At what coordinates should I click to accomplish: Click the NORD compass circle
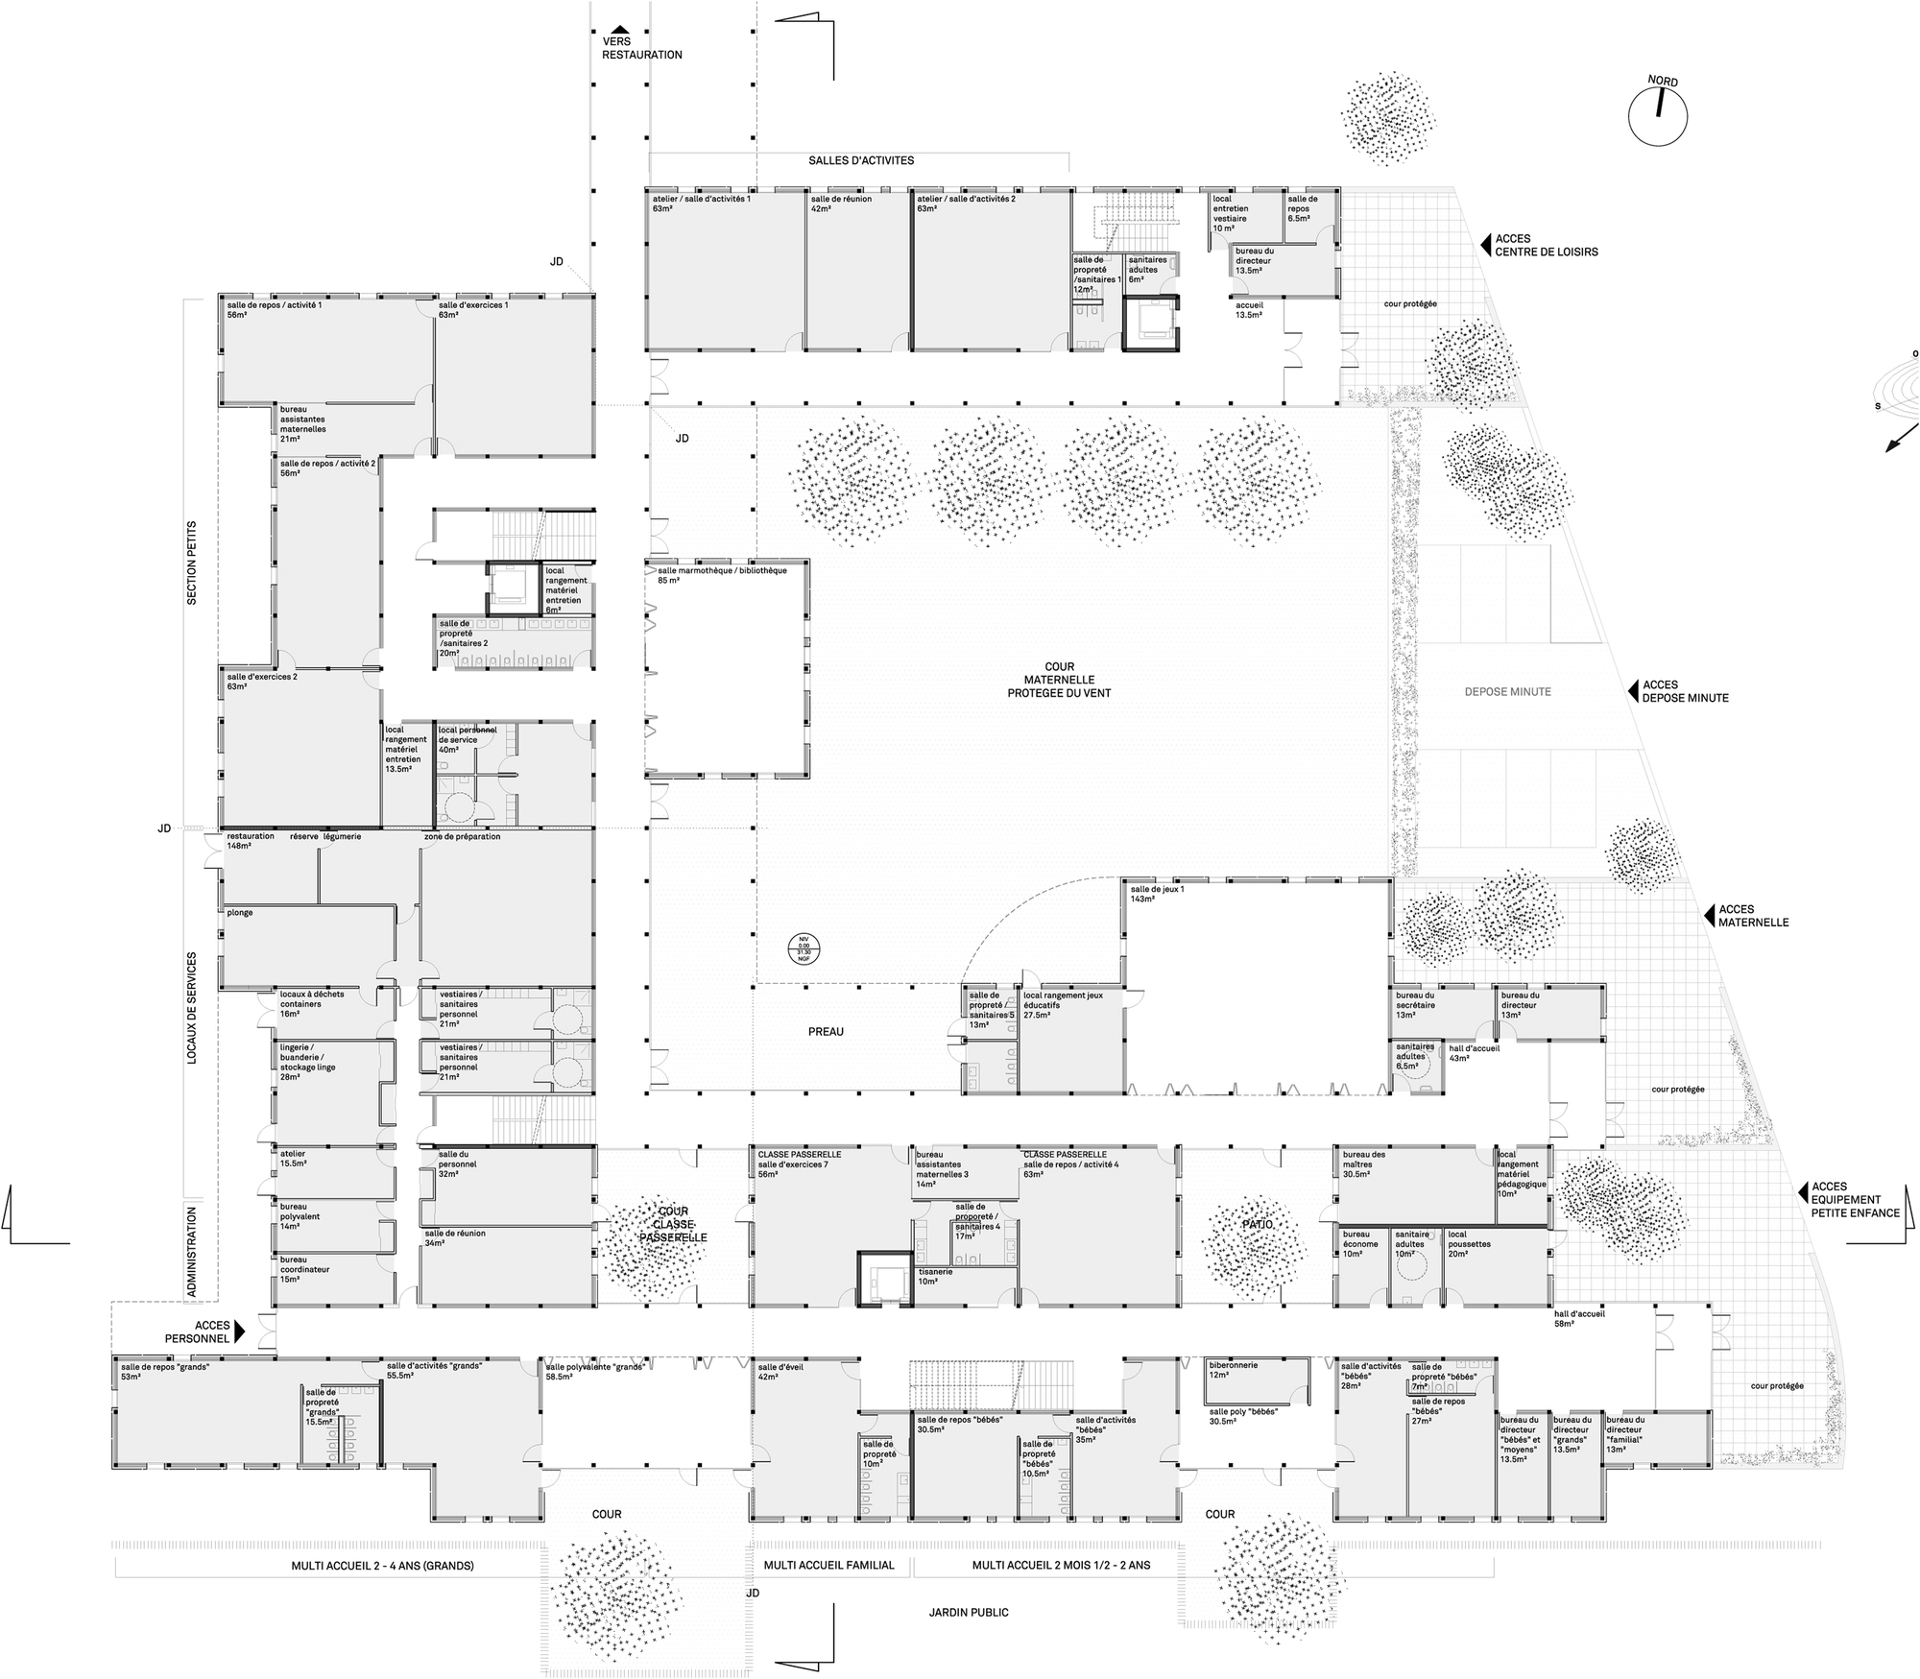1657,116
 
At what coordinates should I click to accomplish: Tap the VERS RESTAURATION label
641,49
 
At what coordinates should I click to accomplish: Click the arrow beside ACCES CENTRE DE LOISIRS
1484,244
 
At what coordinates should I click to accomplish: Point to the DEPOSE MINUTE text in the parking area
1507,691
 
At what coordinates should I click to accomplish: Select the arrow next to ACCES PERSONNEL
240,1331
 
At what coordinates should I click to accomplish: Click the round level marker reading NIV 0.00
804,948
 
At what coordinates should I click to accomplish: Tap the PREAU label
826,1032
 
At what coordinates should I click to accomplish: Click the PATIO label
1256,1225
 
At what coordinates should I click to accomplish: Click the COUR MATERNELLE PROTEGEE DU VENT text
1059,680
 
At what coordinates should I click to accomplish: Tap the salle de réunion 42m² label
840,204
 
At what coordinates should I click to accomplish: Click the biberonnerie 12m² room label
1233,1369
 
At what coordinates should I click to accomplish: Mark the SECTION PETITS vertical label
191,563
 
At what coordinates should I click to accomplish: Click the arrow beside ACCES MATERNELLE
1709,916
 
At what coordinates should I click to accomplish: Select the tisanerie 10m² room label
934,1276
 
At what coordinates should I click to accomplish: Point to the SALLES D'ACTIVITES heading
860,160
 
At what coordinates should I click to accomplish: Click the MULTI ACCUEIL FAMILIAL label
828,1565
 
